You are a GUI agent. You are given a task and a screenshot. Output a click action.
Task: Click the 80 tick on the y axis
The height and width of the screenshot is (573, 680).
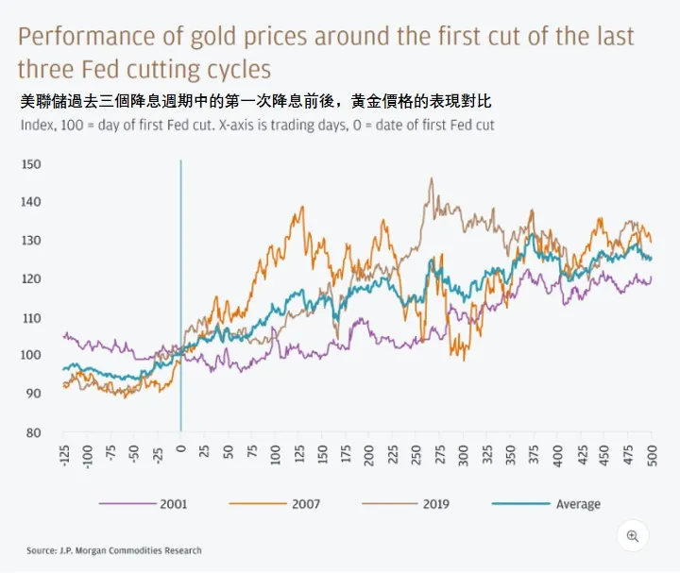click(x=32, y=432)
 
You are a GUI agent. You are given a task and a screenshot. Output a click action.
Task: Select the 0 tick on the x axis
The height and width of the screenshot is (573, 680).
click(x=180, y=451)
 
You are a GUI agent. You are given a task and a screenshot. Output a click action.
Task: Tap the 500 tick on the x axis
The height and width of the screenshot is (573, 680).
click(x=652, y=455)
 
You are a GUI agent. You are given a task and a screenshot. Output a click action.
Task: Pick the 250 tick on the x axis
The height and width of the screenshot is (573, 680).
click(x=416, y=455)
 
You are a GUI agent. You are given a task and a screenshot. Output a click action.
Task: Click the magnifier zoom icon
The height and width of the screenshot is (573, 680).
click(x=633, y=536)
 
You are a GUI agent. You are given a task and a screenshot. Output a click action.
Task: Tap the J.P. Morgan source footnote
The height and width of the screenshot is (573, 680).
click(x=114, y=550)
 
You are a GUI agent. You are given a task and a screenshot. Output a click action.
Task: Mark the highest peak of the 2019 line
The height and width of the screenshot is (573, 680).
click(x=432, y=178)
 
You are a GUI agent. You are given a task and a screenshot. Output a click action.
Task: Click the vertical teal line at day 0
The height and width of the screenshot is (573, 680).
click(x=180, y=283)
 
